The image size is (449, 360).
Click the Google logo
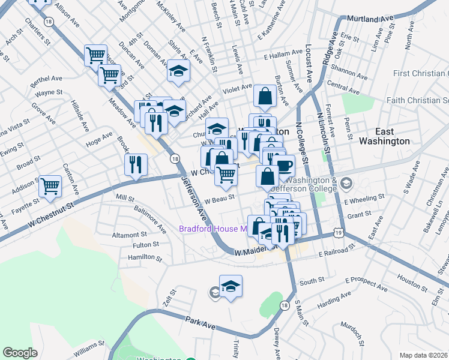(20, 353)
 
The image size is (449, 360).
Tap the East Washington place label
(384, 136)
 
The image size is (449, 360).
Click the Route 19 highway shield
(339, 232)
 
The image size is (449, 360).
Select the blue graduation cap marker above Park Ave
(231, 286)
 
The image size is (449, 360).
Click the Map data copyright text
(424, 355)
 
